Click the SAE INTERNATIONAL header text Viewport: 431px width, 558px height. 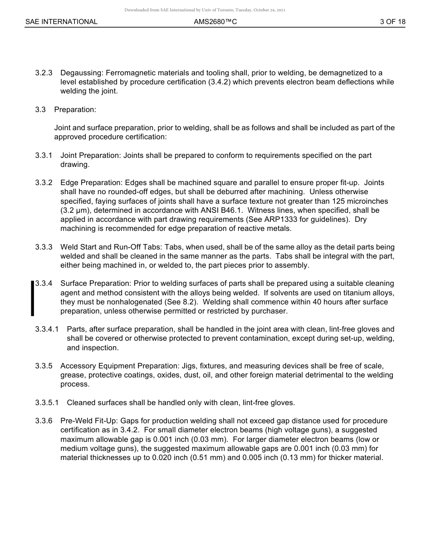61,22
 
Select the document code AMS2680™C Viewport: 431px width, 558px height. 215,22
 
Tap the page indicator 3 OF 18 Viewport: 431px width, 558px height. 392,22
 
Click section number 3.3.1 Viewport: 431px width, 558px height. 44,156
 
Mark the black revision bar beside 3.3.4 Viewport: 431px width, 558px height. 32,298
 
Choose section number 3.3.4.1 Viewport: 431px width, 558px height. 47,329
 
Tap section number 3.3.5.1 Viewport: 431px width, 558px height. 47,403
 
